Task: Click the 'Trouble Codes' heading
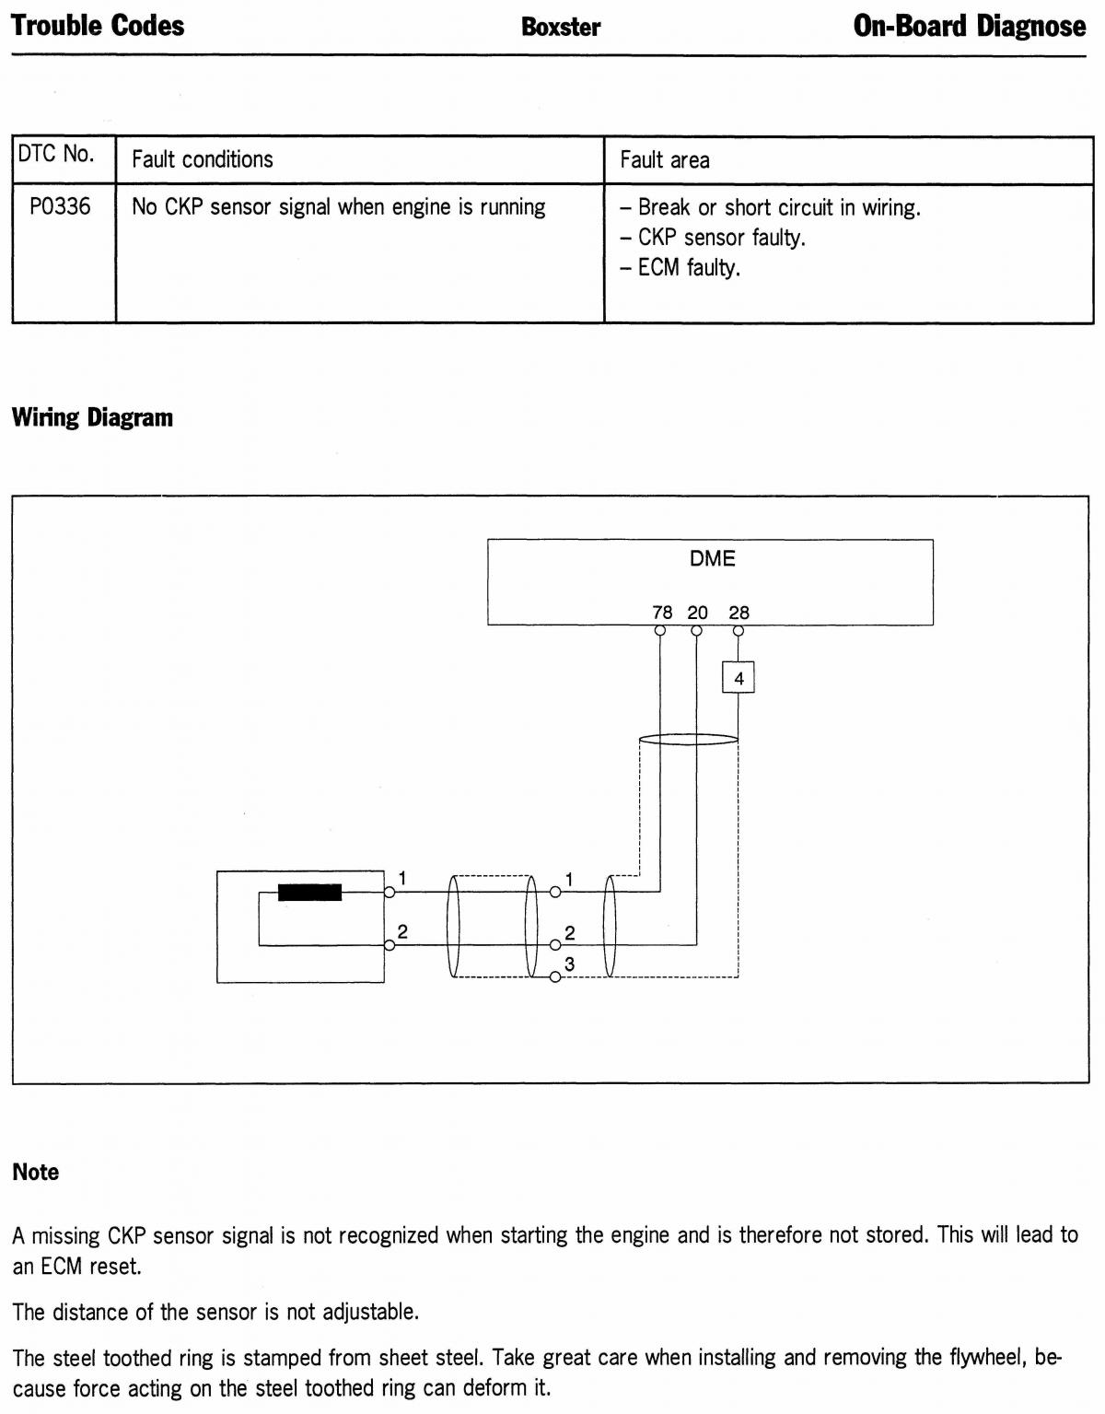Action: (x=99, y=26)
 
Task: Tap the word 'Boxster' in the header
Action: (x=561, y=28)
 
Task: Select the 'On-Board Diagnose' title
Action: (x=969, y=26)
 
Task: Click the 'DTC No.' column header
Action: (x=56, y=154)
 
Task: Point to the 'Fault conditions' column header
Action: (x=203, y=159)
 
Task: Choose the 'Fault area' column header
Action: (x=664, y=160)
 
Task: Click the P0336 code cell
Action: (x=60, y=207)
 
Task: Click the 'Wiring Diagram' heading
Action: (x=92, y=417)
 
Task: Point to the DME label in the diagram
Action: (x=712, y=558)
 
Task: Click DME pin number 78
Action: (x=662, y=613)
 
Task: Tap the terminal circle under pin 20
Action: (x=696, y=630)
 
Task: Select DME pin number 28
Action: (x=739, y=613)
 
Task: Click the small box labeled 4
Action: (x=739, y=677)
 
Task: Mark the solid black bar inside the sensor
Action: (x=309, y=892)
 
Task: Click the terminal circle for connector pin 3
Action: (x=554, y=976)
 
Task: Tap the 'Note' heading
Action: (x=36, y=1172)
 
